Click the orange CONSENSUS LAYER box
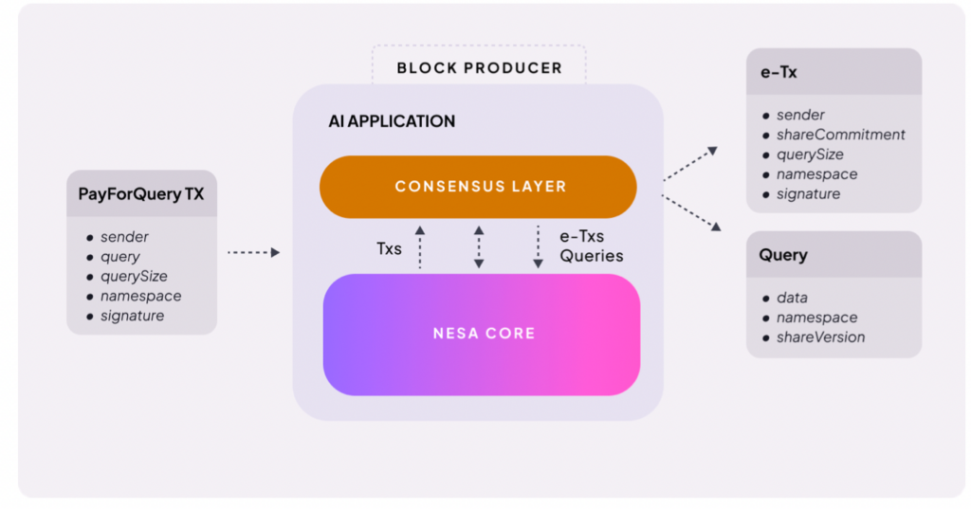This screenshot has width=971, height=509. point(479,187)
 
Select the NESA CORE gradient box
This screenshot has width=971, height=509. point(482,334)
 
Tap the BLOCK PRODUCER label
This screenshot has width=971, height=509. point(479,68)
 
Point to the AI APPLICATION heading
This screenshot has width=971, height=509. point(392,121)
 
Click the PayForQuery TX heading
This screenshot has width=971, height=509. point(141,195)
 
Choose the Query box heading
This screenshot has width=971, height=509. point(783,255)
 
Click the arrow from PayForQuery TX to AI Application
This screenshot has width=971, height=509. point(253,252)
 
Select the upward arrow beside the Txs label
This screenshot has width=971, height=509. point(420,247)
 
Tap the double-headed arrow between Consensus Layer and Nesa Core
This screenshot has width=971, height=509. point(479,247)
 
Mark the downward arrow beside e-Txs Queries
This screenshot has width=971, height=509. point(538,247)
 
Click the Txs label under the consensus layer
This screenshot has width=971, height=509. point(390,248)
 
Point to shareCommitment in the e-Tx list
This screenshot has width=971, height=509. point(840,135)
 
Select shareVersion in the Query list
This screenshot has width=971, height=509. point(820,337)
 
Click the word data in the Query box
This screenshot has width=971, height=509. point(792,298)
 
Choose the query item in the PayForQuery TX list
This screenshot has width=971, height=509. point(119,257)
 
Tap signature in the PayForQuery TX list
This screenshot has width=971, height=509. point(132,316)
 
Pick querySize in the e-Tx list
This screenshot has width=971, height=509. point(810,155)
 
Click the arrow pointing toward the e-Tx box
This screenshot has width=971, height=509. point(690,164)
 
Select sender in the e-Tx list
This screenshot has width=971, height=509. point(800,115)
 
